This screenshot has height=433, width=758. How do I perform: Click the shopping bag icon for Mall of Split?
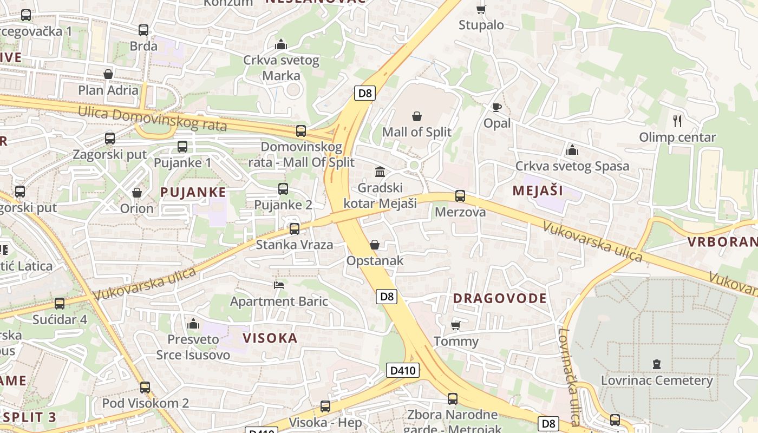click(417, 116)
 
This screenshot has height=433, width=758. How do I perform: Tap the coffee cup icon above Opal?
click(496, 107)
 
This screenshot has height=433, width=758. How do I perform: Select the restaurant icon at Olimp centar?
click(677, 121)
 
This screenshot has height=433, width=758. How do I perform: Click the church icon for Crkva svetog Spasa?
click(572, 150)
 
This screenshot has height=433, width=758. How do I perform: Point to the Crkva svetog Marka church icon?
click(280, 44)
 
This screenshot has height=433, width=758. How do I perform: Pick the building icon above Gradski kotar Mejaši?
click(380, 172)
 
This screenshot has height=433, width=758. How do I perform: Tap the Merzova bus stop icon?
click(460, 196)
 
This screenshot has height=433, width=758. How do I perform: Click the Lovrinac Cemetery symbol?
click(657, 364)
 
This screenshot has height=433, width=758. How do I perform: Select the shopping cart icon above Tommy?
click(456, 325)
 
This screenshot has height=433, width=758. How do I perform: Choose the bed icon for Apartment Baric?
click(279, 285)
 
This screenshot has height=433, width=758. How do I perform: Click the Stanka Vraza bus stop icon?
click(295, 228)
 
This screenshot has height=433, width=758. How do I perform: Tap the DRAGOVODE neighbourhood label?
click(500, 298)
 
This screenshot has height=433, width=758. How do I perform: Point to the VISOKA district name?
click(270, 338)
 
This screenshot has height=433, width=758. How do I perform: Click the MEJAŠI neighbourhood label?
click(538, 191)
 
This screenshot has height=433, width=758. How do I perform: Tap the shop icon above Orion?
click(137, 193)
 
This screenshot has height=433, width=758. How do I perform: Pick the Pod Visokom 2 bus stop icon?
click(145, 388)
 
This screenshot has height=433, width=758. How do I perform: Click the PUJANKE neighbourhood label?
click(193, 192)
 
